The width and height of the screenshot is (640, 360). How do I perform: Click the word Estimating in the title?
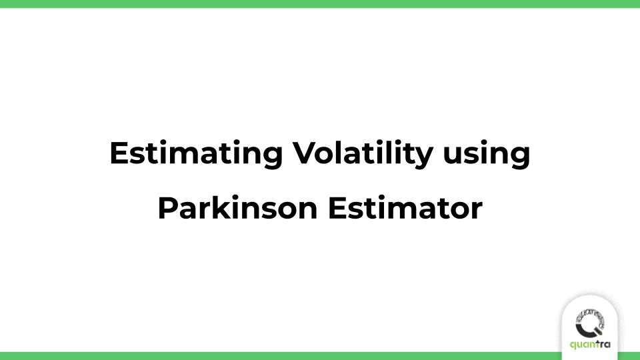tap(193, 155)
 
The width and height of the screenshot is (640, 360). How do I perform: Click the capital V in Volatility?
tap(302, 155)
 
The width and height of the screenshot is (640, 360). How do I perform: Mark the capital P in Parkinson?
tap(167, 209)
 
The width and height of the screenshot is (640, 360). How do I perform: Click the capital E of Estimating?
tap(117, 155)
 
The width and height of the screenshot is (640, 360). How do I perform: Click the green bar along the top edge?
tap(320, 3)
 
